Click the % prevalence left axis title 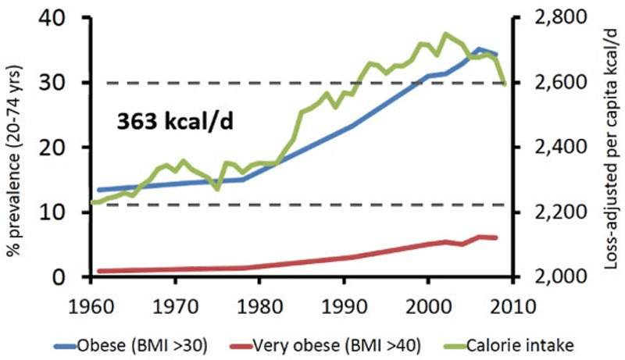tap(15, 148)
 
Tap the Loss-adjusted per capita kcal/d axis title tap(609, 148)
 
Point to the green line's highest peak tap(445, 34)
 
